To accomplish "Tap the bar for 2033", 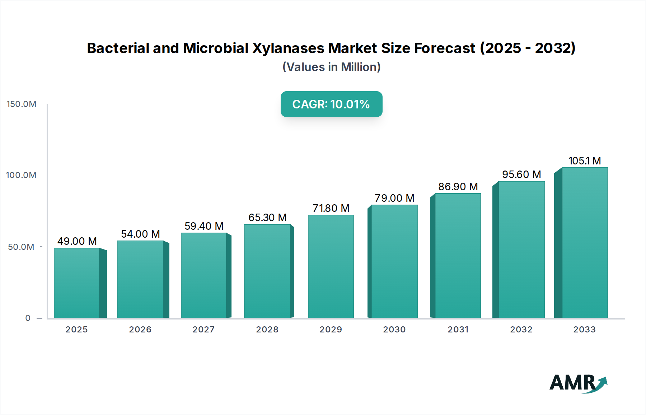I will pos(585,243).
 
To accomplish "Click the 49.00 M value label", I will pos(77,241).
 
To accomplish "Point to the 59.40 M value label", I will pos(204,226).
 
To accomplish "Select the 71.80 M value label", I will pos(331,208).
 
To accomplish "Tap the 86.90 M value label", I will pos(458,187).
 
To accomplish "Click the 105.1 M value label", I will pos(585,161).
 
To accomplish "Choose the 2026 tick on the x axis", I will pos(140,330).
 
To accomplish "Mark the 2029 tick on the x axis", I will pos(331,330).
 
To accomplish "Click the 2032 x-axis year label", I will pos(521,330).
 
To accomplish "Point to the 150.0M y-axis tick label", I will pos(22,104).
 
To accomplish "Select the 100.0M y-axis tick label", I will pos(21,175).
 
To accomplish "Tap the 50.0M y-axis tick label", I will pos(21,247).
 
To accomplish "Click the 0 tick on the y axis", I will pos(28,318).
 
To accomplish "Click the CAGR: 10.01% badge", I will pos(331,104).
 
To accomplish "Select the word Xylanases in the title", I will pos(288,48).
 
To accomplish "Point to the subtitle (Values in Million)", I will pos(331,67).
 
